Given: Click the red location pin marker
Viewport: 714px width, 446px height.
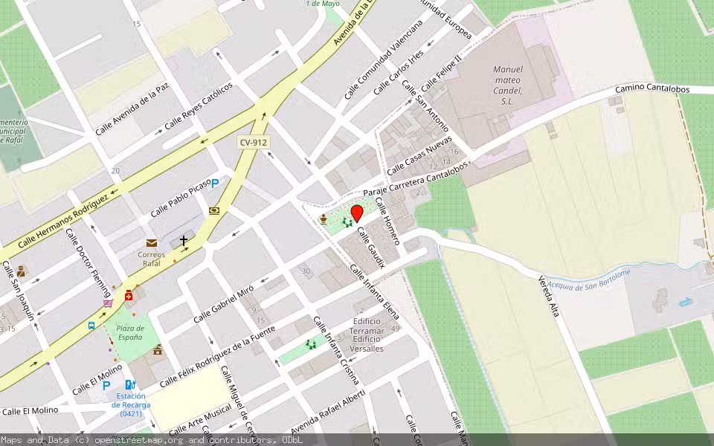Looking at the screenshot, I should (356, 213).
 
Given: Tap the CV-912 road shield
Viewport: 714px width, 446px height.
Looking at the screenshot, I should (253, 142).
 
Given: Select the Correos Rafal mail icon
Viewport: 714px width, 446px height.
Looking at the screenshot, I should (152, 243).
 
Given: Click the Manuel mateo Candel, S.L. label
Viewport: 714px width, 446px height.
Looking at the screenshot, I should (508, 85).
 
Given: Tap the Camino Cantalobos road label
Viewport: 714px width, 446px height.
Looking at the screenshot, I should (652, 89).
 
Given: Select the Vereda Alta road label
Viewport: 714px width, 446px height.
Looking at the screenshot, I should (548, 297).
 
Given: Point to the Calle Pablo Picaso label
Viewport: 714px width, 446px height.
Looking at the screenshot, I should (181, 200).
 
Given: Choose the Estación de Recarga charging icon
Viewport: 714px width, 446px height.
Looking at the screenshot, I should (131, 385).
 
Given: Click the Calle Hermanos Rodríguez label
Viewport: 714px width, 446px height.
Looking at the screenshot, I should (63, 221).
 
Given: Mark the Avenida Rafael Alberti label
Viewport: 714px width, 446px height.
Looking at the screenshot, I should (327, 413).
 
